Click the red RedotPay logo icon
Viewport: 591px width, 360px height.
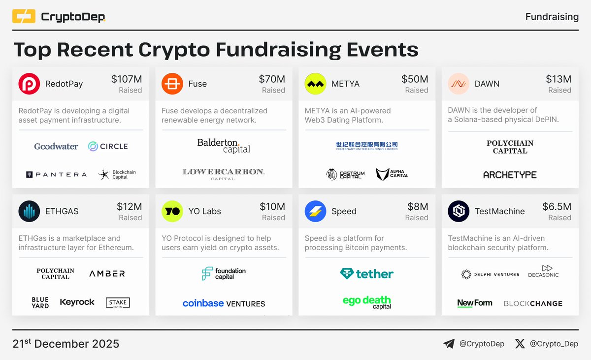(x=29, y=84)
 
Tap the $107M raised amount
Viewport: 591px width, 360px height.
(x=127, y=79)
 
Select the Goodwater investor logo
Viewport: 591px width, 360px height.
(x=56, y=146)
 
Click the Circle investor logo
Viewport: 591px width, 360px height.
(x=108, y=146)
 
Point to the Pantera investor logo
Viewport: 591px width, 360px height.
(x=56, y=174)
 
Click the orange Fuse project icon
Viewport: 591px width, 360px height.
(x=172, y=84)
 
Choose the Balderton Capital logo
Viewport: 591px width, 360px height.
(x=224, y=145)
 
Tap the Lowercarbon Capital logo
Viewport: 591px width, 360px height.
(x=224, y=174)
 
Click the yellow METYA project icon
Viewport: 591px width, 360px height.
(x=315, y=84)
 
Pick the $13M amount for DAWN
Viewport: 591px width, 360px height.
(x=558, y=79)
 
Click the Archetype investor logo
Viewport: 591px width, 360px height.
(x=510, y=175)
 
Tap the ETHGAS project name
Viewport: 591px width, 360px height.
(x=62, y=211)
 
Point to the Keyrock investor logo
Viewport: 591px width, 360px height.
(x=77, y=302)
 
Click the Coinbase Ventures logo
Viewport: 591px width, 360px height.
(x=224, y=303)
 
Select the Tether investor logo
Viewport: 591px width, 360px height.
(x=367, y=273)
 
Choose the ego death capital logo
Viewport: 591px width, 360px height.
(x=367, y=301)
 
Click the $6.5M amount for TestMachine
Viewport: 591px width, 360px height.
(x=557, y=206)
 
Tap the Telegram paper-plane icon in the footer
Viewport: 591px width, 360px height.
(x=449, y=344)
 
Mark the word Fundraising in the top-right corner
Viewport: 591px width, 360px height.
(x=552, y=17)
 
